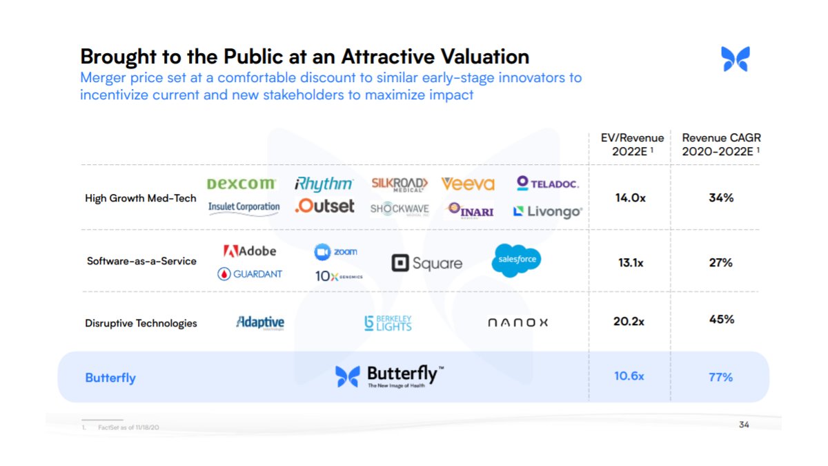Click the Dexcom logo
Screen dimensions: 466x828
241,184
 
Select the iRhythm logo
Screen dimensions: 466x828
324,184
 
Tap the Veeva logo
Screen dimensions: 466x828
468,184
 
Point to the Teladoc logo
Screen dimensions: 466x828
547,183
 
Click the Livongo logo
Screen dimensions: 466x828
547,211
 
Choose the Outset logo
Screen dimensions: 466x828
324,206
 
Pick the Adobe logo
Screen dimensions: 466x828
249,251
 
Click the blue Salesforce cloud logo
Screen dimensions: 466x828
516,260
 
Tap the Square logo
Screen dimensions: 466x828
426,263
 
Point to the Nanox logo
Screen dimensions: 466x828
517,322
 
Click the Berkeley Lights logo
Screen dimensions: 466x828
388,322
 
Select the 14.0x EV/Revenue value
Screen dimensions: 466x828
630,198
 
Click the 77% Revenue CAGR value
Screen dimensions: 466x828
720,378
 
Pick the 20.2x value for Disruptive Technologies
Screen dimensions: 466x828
630,321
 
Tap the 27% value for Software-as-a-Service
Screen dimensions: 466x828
720,263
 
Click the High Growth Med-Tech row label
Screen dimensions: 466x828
141,198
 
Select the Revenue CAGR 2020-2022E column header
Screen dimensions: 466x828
721,144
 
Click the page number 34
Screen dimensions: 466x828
743,425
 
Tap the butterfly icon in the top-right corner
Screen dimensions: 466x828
735,59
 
